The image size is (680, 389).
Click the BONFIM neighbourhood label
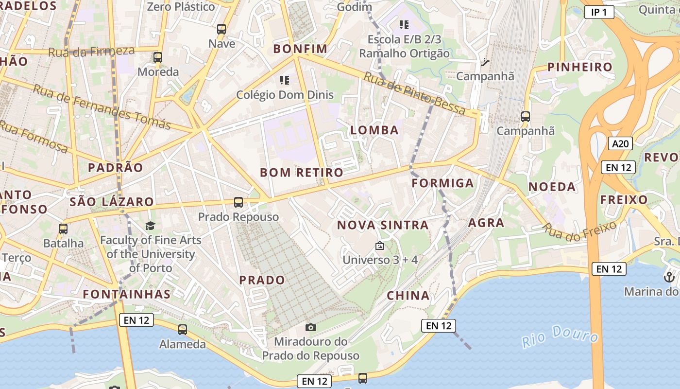click(300, 49)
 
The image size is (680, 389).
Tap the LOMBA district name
click(374, 130)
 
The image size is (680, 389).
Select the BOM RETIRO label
click(301, 172)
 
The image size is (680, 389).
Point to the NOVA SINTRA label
click(383, 225)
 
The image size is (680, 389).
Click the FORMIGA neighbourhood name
click(442, 183)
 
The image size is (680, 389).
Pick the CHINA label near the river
click(408, 295)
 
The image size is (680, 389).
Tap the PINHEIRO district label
click(579, 67)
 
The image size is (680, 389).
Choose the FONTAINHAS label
click(126, 294)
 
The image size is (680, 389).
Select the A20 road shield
click(620, 143)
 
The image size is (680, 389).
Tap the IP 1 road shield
click(599, 12)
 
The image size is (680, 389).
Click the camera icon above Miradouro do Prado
click(311, 327)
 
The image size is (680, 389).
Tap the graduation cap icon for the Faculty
click(150, 226)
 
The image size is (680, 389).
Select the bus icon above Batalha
click(63, 229)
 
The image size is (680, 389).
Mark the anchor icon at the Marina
click(669, 277)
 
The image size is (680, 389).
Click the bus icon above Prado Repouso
click(238, 202)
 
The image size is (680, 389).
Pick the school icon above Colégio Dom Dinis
click(285, 80)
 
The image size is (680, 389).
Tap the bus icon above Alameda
click(183, 330)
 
